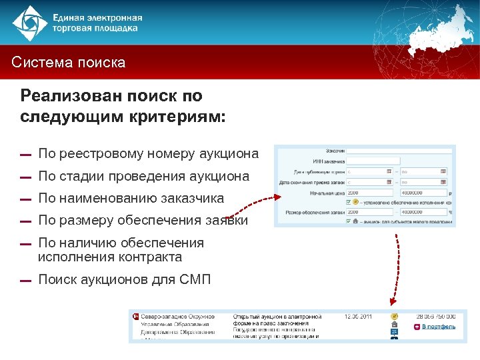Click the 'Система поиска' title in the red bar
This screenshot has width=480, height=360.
69,63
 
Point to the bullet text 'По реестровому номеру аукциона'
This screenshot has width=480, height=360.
148,154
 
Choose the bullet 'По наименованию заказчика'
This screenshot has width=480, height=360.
131,199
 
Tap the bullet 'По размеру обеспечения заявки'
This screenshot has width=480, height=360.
143,221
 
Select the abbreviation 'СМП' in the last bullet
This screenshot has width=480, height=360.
195,279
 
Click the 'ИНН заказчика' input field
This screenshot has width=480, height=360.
373,161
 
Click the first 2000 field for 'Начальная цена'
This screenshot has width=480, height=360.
369,191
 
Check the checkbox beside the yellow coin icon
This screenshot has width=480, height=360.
349,201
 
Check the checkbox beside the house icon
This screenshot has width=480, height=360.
349,221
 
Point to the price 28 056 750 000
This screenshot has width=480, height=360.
437,316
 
